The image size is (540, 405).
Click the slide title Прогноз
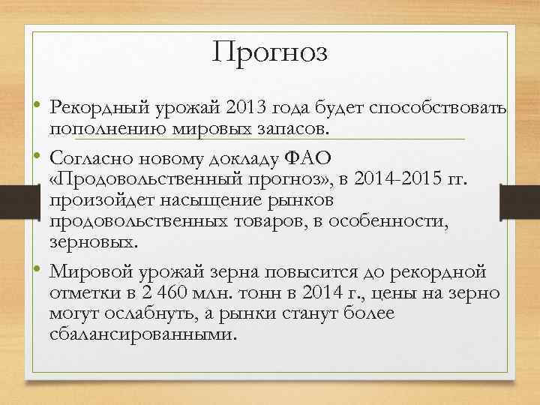[270, 52]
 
